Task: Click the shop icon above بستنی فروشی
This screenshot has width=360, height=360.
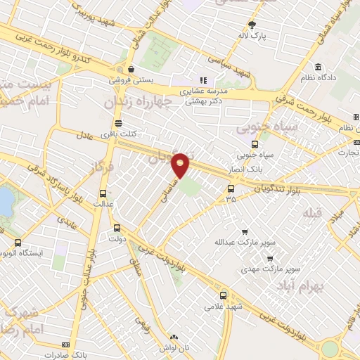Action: click(131, 69)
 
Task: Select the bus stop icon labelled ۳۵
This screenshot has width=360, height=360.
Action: click(231, 188)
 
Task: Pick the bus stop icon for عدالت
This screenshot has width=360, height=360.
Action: click(103, 193)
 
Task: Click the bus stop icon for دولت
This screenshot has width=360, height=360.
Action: click(117, 228)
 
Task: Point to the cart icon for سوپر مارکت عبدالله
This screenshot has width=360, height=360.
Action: click(244, 232)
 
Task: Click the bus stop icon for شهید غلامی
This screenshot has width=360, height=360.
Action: click(223, 295)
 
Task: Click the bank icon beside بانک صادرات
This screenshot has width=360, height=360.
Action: click(65, 345)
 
